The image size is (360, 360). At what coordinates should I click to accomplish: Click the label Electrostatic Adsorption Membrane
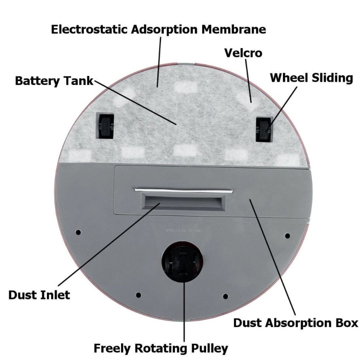pyautogui.click(x=158, y=29)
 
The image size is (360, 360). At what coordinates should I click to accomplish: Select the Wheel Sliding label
pyautogui.click(x=311, y=78)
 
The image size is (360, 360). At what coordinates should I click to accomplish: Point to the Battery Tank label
pyautogui.click(x=54, y=81)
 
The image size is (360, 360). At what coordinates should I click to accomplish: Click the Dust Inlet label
pyautogui.click(x=39, y=295)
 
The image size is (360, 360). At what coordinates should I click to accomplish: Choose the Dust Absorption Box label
pyautogui.click(x=295, y=323)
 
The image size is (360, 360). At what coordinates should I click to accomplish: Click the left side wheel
pyautogui.click(x=105, y=126)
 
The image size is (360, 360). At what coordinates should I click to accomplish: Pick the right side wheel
pyautogui.click(x=263, y=129)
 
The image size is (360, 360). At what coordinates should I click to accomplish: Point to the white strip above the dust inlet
pyautogui.click(x=184, y=190)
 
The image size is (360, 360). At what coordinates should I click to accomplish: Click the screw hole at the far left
pyautogui.click(x=78, y=232)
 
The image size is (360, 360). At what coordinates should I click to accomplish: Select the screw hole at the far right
pyautogui.click(x=287, y=236)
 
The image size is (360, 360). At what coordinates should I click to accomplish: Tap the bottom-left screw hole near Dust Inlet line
pyautogui.click(x=138, y=295)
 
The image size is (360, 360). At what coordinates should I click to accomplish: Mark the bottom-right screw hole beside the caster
pyautogui.click(x=225, y=296)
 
